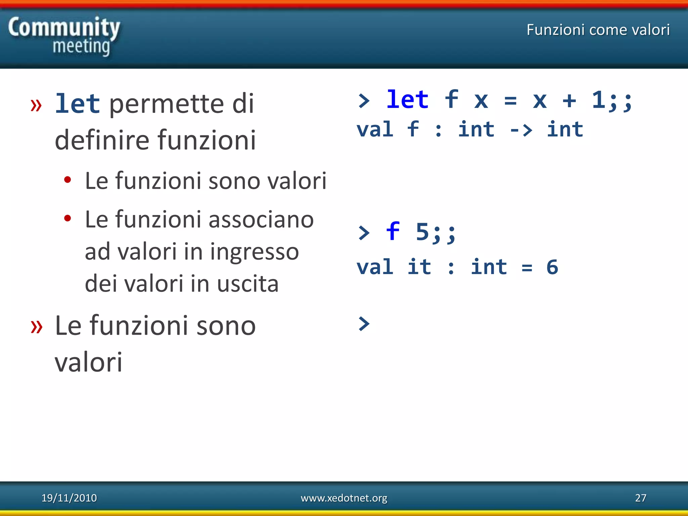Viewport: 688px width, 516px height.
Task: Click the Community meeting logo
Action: click(64, 36)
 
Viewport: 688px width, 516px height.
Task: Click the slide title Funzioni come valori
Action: click(598, 30)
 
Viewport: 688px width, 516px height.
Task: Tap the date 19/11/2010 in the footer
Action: click(69, 498)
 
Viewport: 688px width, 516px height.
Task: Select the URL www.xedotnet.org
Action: click(344, 498)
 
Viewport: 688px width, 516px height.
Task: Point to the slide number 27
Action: click(640, 498)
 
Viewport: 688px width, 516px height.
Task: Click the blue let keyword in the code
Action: click(407, 100)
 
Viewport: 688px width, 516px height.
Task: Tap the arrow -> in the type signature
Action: click(521, 130)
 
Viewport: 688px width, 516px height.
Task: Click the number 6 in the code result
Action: click(552, 267)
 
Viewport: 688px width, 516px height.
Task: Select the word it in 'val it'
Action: click(419, 267)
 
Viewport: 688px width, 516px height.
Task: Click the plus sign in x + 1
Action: click(569, 100)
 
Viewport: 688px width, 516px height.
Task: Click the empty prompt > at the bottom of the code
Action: click(364, 324)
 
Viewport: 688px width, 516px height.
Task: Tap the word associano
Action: click(261, 219)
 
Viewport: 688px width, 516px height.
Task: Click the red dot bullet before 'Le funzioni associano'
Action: click(68, 218)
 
